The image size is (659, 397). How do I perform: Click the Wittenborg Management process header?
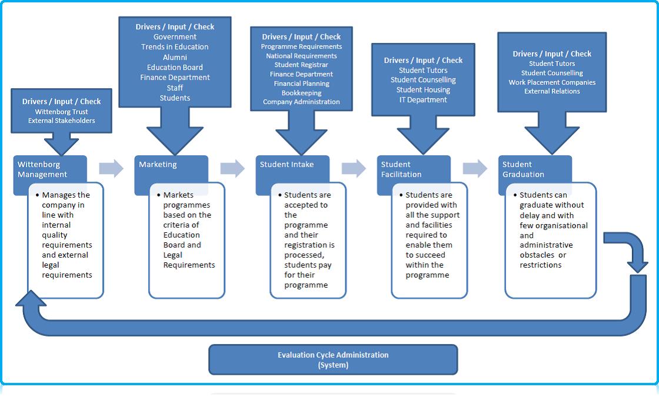point(50,169)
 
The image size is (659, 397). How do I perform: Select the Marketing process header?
point(171,165)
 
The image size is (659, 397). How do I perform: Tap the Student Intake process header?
point(292,165)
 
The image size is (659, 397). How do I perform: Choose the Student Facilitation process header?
point(413,169)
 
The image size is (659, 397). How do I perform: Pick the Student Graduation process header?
point(534,169)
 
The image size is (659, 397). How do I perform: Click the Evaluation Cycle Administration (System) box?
point(333,359)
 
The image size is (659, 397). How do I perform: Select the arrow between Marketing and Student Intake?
point(232,168)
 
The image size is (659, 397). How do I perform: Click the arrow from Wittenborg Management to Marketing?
point(111,168)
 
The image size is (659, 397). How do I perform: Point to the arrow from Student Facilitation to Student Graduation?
point(475,168)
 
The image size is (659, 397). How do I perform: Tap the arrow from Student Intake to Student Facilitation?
point(354,168)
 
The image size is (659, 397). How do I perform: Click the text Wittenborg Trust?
point(61,111)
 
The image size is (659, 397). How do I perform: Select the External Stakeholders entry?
point(61,121)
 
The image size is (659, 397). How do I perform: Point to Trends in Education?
point(175,47)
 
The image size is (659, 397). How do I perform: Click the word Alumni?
point(175,58)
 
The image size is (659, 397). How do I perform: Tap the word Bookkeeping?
point(301,93)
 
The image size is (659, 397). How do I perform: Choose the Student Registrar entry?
point(301,65)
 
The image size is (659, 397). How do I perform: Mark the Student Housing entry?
point(423,90)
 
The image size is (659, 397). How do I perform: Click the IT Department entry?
point(423,100)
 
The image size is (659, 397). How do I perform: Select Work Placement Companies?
point(552,82)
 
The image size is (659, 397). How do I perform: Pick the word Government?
point(175,37)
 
